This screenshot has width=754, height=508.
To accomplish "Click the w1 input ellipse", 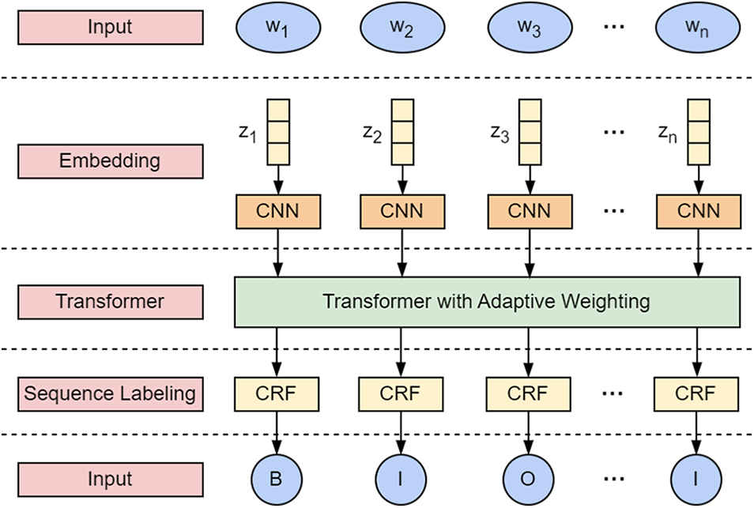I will point(277,28).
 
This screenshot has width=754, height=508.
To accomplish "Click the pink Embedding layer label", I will point(110,161).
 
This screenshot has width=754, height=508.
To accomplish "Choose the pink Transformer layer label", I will point(110,301).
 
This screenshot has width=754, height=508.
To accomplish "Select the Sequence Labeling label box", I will point(110,393).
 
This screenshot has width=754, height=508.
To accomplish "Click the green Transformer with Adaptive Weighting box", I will point(488,301).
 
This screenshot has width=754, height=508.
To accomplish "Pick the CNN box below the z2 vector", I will point(402,212).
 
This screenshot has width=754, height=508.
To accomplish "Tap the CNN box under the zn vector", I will point(699,212).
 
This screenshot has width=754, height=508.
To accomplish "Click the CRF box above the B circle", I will point(277,393).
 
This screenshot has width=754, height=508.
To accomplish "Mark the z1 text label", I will point(247,135).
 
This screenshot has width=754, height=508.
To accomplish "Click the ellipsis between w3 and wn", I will point(614,28).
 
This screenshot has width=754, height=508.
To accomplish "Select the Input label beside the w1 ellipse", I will point(110,28).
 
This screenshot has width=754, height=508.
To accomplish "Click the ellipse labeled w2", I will point(402,28).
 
